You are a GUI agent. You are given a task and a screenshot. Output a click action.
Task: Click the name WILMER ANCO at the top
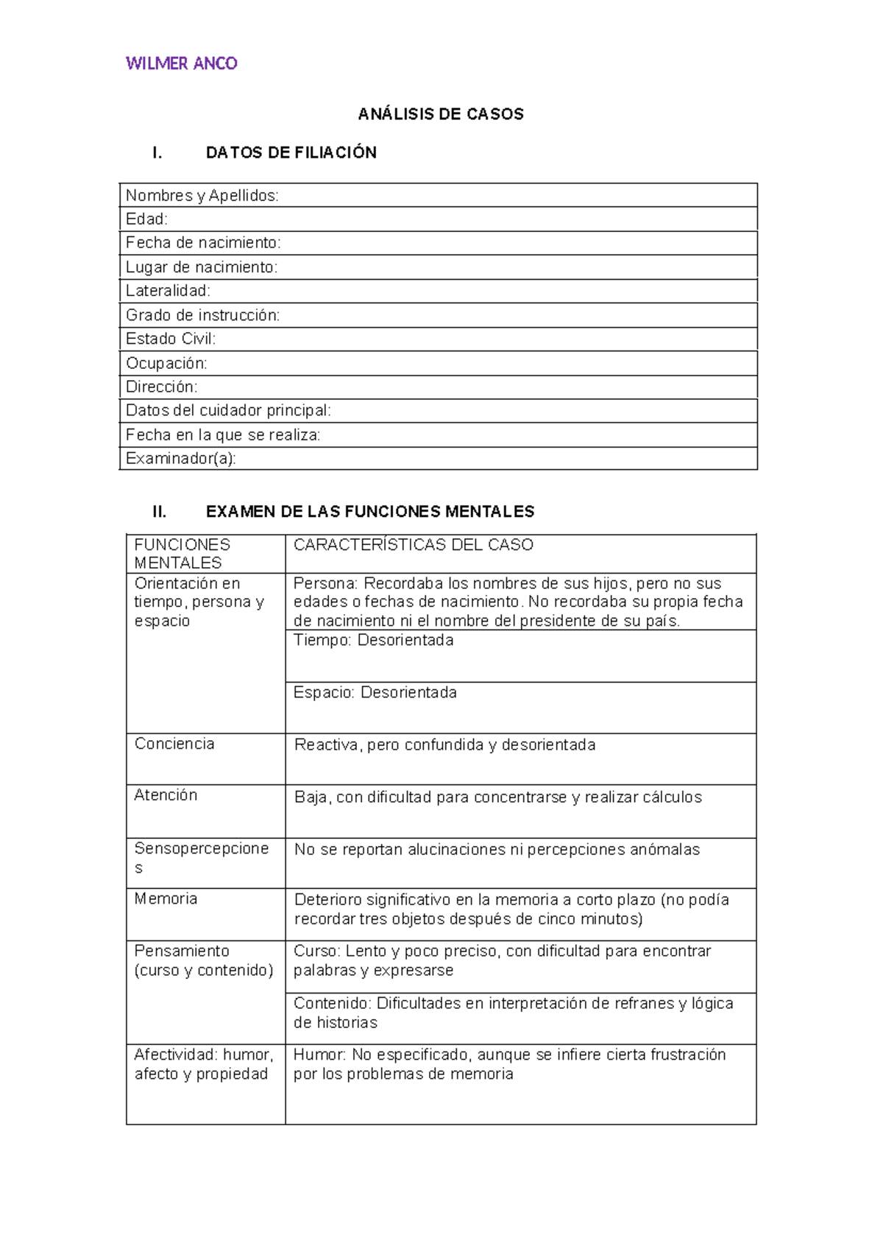point(181,63)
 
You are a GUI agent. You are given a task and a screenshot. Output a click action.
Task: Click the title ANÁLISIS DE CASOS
point(441,114)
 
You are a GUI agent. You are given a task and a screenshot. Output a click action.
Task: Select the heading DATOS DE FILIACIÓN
point(291,152)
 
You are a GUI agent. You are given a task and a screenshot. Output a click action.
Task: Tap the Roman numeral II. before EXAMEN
point(159,511)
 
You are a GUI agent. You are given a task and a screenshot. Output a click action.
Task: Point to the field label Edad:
point(146,219)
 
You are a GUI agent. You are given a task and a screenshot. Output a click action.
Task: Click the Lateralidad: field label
point(168,291)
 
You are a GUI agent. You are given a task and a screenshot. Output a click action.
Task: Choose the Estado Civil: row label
point(171,339)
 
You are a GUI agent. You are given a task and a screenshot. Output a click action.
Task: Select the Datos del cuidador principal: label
point(228,410)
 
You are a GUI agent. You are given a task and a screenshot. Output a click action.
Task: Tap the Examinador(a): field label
point(181,458)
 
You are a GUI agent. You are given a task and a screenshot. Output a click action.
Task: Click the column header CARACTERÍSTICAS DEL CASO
point(413,545)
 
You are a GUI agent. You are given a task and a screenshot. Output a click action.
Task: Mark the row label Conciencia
point(174,744)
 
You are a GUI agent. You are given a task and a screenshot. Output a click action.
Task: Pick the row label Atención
point(166,795)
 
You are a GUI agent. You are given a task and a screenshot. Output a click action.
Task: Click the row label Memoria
point(166,898)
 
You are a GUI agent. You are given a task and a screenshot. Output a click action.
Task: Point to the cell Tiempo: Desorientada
point(373,640)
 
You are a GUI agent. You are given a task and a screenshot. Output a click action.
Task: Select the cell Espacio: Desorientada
point(375,692)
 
